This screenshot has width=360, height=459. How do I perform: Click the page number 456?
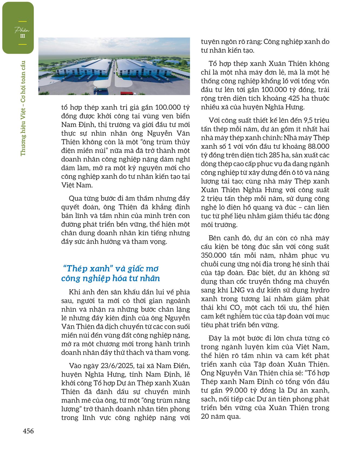[x=28, y=431]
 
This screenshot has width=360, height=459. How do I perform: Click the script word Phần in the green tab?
[x=22, y=30]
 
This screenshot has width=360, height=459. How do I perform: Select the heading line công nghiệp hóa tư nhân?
[x=111, y=278]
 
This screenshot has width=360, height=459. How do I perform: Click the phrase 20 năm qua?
[x=221, y=416]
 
